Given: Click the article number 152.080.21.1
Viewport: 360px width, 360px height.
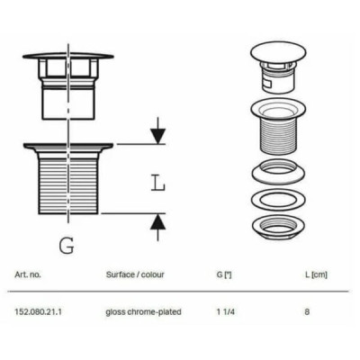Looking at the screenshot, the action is point(38,311).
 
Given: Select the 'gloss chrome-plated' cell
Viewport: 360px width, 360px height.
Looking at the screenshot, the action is point(143,312).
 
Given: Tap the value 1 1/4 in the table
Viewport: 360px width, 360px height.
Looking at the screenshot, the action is point(226,311).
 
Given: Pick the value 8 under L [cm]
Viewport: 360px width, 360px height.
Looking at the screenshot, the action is point(307,311).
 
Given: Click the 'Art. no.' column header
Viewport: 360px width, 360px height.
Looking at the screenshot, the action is point(28,274).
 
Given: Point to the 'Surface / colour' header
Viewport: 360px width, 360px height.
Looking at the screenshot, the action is point(135,274).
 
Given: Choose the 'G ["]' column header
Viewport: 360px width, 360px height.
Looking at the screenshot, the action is point(224,274).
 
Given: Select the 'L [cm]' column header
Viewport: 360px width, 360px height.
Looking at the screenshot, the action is point(316,274).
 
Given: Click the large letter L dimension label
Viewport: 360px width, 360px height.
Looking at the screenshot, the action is point(157,183).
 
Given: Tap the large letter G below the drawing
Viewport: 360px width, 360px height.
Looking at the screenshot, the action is point(67,246).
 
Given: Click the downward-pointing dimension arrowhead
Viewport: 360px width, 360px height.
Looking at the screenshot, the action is point(157,136).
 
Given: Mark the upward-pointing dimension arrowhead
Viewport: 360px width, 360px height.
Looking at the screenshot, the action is point(157,222).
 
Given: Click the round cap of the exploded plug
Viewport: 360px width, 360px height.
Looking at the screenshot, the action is point(278,53).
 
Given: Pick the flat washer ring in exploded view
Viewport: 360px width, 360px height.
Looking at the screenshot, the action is point(278,200).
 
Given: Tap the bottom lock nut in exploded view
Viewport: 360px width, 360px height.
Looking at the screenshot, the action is point(278,227).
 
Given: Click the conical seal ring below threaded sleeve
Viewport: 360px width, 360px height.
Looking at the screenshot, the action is point(278,172).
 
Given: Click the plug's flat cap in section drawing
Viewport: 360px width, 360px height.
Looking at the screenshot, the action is point(68,56).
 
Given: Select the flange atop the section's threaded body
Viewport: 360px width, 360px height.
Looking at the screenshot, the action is point(68,146).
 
